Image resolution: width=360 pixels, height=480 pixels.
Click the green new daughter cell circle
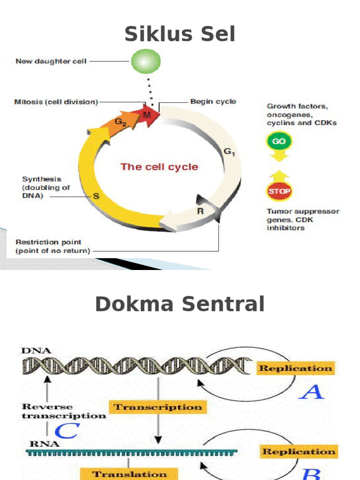pyautogui.click(x=146, y=61)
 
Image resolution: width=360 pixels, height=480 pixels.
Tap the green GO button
pyautogui.click(x=279, y=141)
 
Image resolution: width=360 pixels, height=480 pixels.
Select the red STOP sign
pyautogui.click(x=279, y=191)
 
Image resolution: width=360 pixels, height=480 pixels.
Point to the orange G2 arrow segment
pyautogui.click(x=121, y=123)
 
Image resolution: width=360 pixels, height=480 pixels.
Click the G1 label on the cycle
pyautogui.click(x=229, y=151)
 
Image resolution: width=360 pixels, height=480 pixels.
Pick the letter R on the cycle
pyautogui.click(x=200, y=211)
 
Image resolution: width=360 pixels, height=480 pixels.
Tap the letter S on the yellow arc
pyautogui.click(x=96, y=196)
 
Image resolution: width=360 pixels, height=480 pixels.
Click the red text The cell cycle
pyautogui.click(x=159, y=167)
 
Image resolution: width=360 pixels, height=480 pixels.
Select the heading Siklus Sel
pyautogui.click(x=180, y=35)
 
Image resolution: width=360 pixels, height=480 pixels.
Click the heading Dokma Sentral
pyautogui.click(x=180, y=305)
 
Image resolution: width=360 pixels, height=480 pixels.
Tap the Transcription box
pyautogui.click(x=158, y=407)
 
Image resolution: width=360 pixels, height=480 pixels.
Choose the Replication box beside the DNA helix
pyautogui.click(x=296, y=368)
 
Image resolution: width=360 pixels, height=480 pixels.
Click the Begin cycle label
pyautogui.click(x=213, y=101)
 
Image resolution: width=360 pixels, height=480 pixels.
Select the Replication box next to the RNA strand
pyautogui.click(x=299, y=451)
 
